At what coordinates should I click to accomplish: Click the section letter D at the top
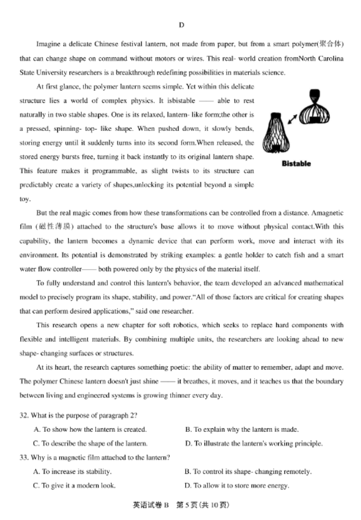181,25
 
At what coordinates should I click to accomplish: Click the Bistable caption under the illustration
296,163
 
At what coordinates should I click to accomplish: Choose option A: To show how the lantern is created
89,429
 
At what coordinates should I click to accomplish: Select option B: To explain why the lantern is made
242,429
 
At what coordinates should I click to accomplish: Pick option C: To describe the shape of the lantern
90,444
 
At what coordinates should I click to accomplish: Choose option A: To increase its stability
72,471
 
